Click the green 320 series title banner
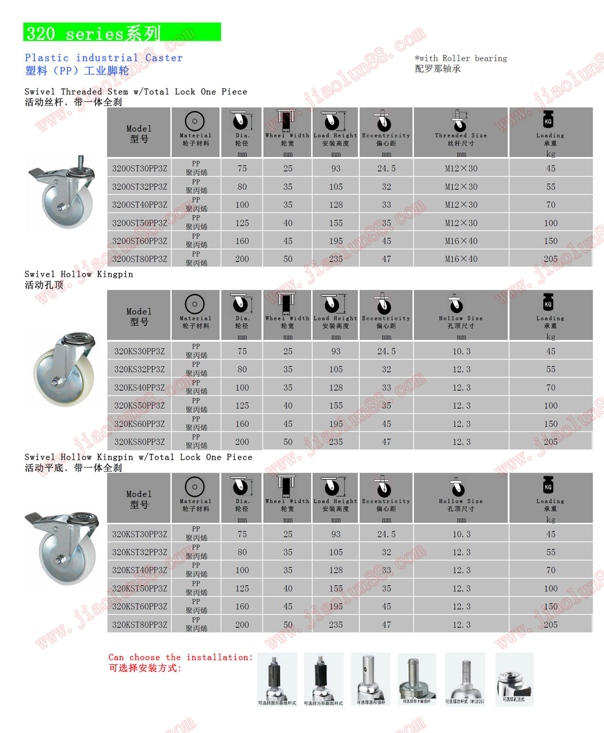click(122, 33)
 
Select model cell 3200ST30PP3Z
click(139, 168)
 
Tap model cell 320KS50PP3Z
click(139, 406)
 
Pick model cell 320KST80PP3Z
click(139, 625)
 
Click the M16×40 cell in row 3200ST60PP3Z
click(461, 241)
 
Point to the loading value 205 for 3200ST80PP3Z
click(550, 259)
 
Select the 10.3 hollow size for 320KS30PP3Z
click(461, 352)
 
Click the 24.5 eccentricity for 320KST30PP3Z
click(386, 534)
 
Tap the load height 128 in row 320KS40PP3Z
click(336, 388)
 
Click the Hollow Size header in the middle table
click(461, 319)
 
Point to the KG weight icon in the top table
click(549, 120)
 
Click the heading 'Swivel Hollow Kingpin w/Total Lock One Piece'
click(138, 457)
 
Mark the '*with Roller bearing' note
click(461, 58)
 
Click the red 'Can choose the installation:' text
click(180, 657)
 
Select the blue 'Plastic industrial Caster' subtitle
click(104, 58)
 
